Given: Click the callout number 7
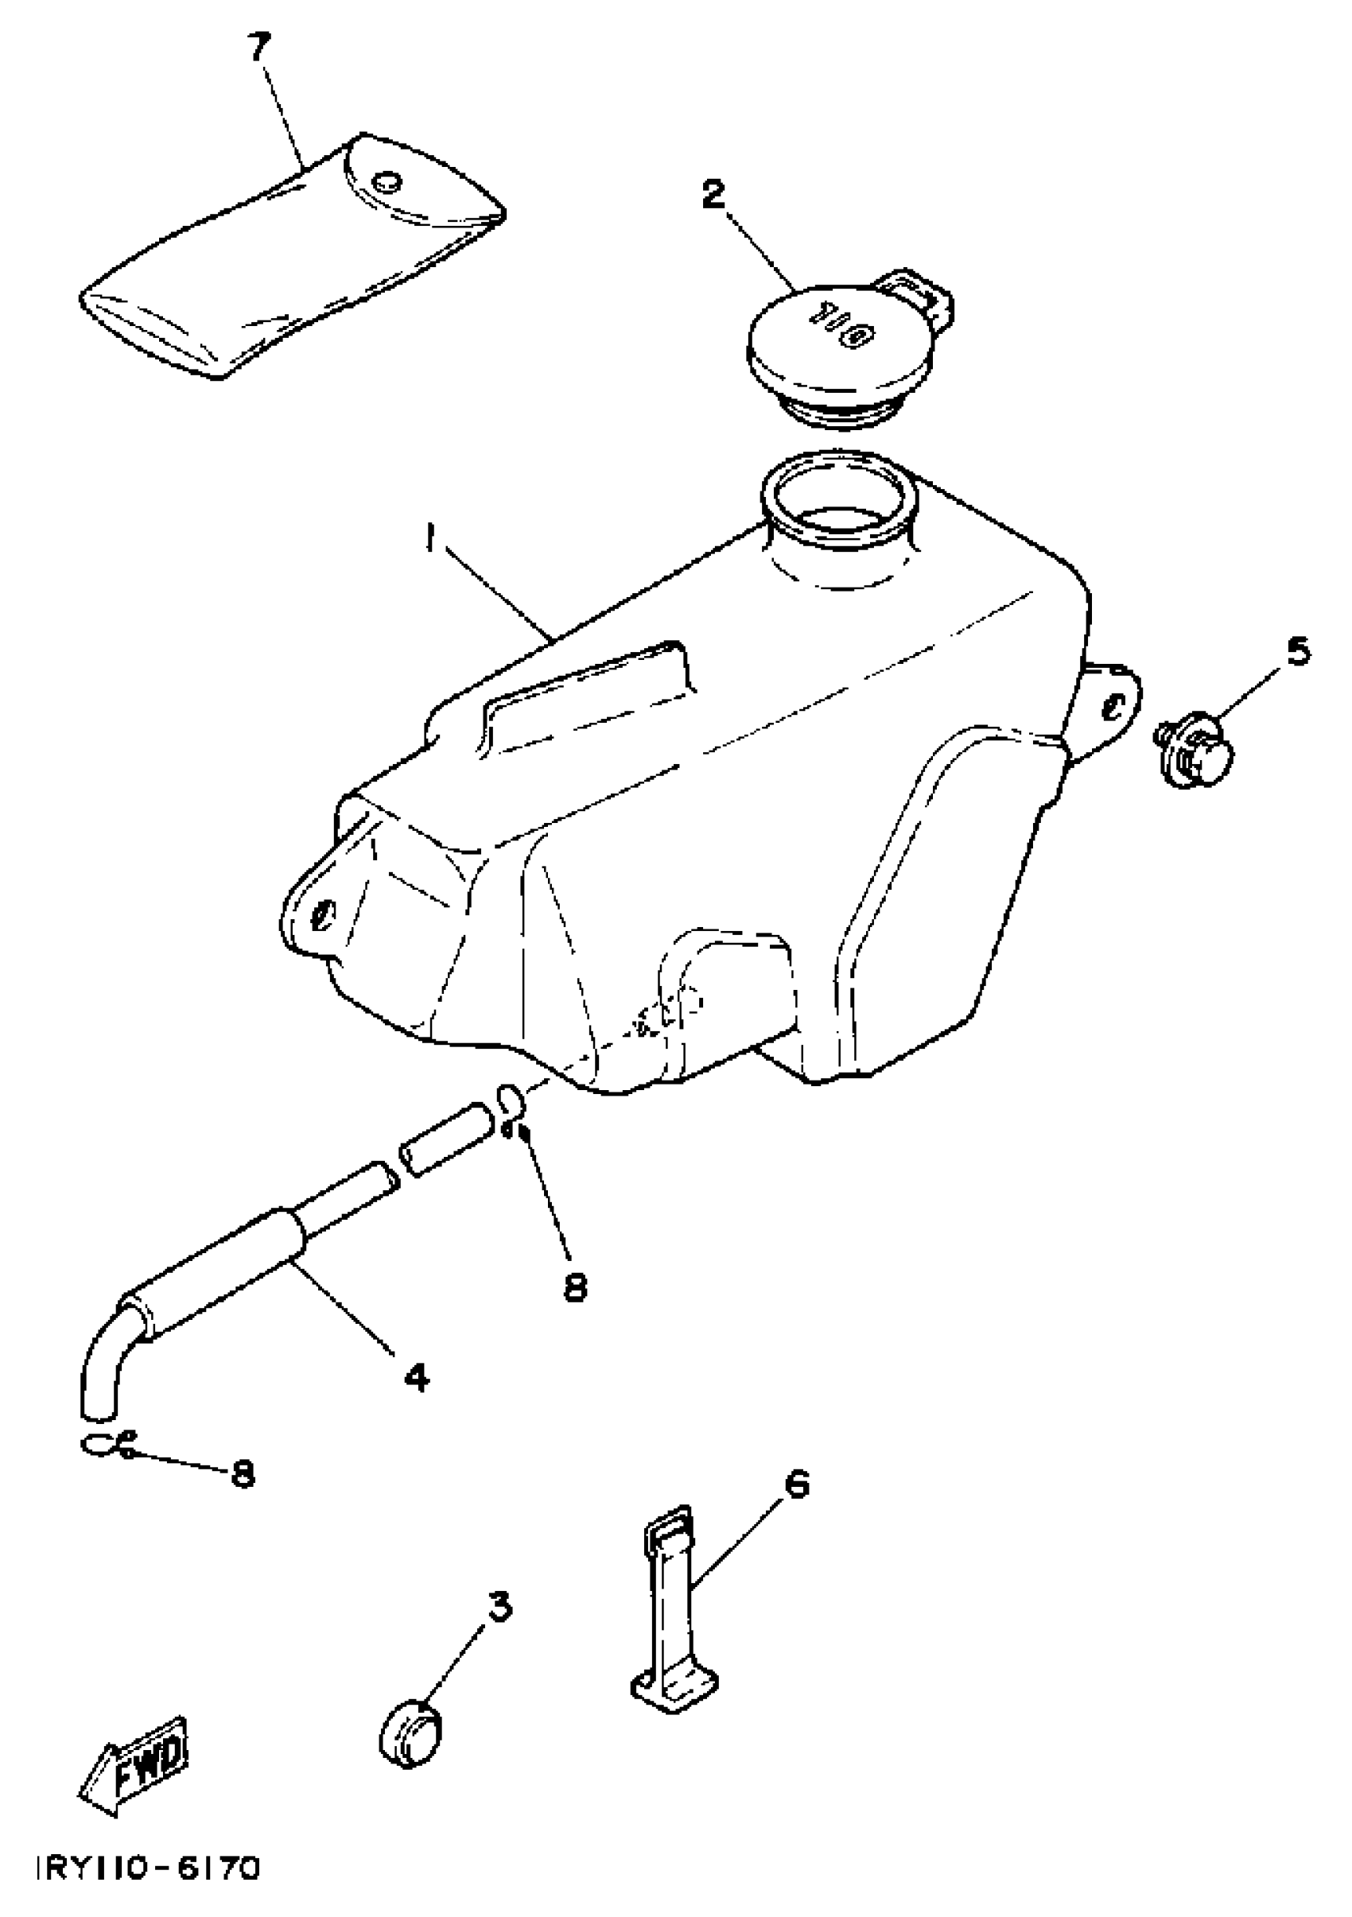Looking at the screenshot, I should tap(259, 49).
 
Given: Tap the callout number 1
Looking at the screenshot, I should tap(429, 544).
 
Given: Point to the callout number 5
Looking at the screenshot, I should tap(1297, 652).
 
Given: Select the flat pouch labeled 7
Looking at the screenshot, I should tap(293, 259).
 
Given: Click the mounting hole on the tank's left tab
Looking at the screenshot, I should tap(322, 915).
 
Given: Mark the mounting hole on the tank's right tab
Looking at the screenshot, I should tap(1113, 707).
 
